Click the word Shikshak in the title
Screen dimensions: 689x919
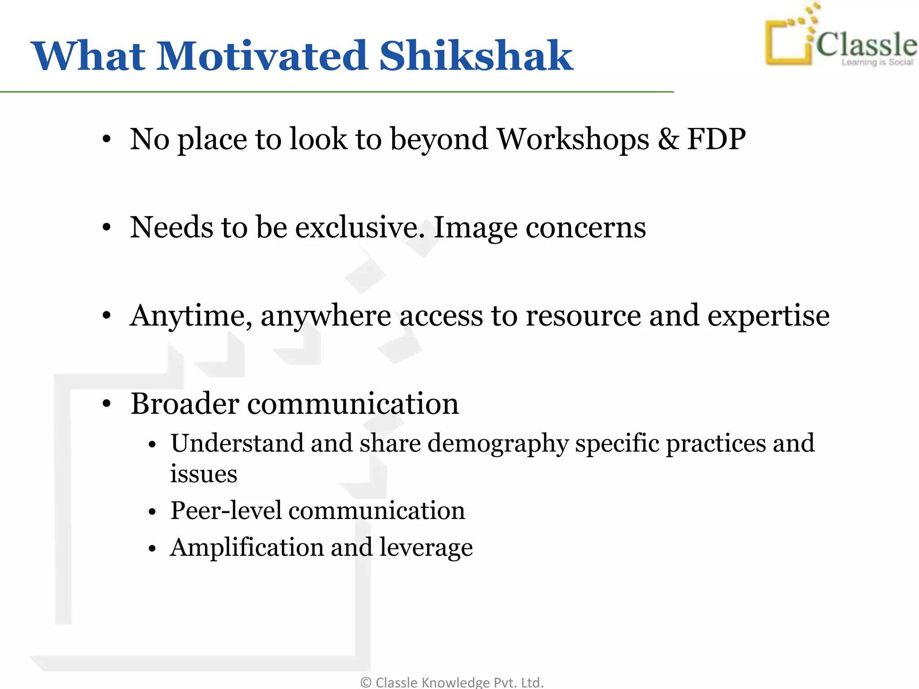(476, 56)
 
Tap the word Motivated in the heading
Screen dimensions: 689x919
(263, 56)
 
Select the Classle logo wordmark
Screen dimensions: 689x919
(866, 45)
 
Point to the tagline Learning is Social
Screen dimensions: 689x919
(877, 62)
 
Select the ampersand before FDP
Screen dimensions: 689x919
(668, 139)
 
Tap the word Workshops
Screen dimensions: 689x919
(573, 139)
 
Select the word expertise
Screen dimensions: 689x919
(768, 316)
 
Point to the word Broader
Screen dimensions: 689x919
(184, 403)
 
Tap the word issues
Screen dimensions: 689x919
(203, 474)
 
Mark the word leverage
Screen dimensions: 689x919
(426, 548)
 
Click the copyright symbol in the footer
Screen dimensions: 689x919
(366, 682)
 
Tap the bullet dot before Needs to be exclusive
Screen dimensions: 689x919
(106, 228)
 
